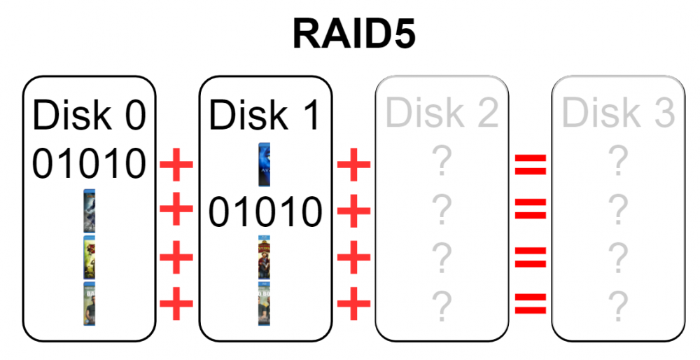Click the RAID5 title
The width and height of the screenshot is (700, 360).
[x=354, y=34]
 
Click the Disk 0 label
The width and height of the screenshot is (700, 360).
[x=90, y=115]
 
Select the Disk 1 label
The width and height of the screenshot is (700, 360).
[x=265, y=115]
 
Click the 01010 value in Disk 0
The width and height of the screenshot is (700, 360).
[x=90, y=164]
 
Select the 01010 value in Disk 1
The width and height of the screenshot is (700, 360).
[x=265, y=212]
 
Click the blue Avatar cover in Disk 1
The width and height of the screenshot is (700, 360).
[x=265, y=165]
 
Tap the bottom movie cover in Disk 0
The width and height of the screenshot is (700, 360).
[x=90, y=304]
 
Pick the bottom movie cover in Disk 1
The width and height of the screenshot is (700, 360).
[x=265, y=304]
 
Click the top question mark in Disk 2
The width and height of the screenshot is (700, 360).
[x=442, y=160]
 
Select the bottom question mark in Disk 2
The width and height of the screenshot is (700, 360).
[x=442, y=306]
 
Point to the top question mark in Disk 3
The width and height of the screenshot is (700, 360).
[x=618, y=160]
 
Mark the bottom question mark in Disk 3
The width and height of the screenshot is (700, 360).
[x=618, y=306]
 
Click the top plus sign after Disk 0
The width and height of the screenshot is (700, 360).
[x=176, y=165]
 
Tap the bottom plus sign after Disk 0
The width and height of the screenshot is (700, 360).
[x=176, y=304]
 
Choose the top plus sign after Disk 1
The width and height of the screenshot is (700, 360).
[x=353, y=165]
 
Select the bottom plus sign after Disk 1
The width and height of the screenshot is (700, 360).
[x=353, y=304]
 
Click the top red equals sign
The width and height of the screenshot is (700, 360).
[x=531, y=165]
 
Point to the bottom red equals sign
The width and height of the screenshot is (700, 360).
[x=531, y=304]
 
